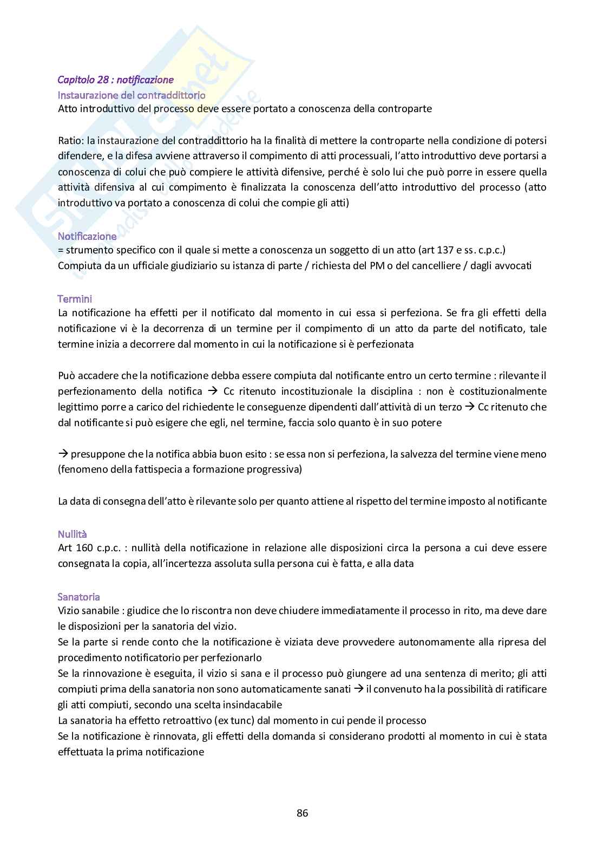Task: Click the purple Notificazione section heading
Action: tap(87, 236)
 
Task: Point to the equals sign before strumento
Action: tap(61, 250)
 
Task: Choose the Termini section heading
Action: tap(75, 298)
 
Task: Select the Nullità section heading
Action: tap(73, 533)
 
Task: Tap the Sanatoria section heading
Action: tap(79, 597)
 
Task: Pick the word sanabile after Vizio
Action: tap(100, 611)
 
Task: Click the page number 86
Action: tap(302, 813)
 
